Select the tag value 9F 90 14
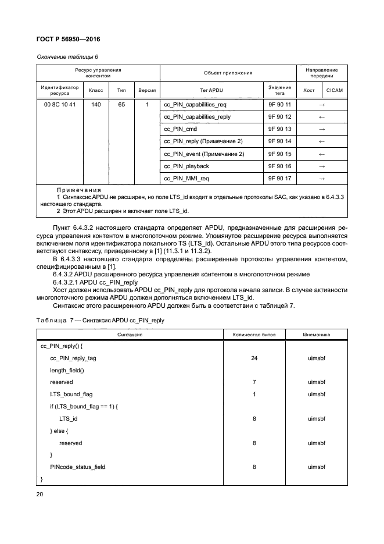pyautogui.click(x=279, y=141)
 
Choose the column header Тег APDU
pyautogui.click(x=211, y=91)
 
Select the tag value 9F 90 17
pyautogui.click(x=279, y=178)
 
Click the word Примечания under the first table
pyautogui.click(x=80, y=190)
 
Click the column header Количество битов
pyautogui.click(x=254, y=335)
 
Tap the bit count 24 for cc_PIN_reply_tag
pyautogui.click(x=254, y=358)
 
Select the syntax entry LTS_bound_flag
pyautogui.click(x=71, y=394)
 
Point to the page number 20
pyautogui.click(x=41, y=493)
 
